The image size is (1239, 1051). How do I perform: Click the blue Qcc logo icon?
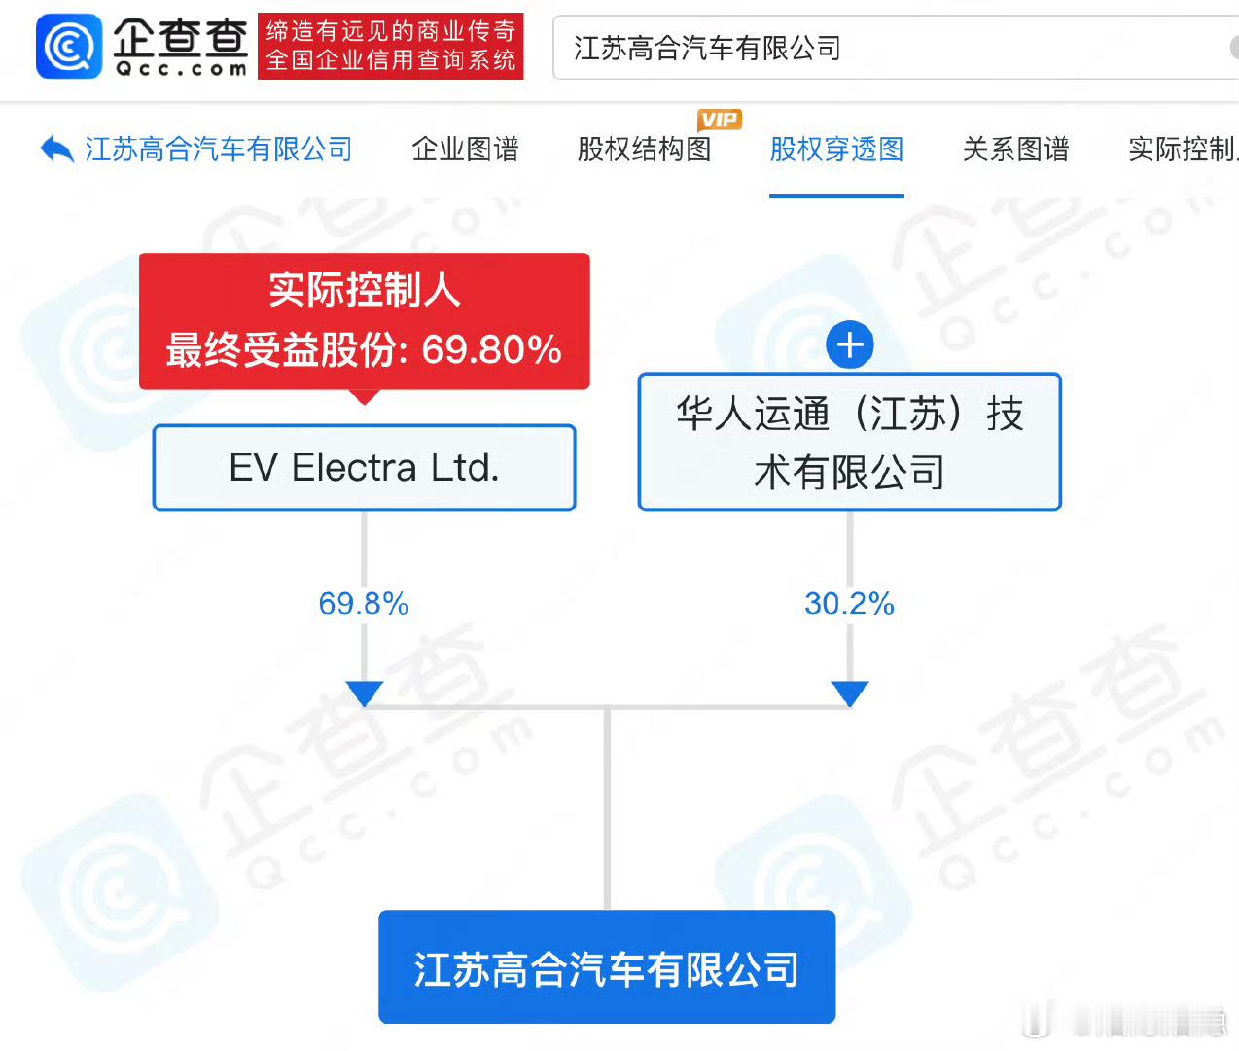(69, 46)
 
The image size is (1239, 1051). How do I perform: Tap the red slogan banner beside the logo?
(390, 46)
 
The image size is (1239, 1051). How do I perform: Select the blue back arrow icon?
(57, 148)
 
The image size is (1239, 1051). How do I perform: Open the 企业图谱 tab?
(465, 149)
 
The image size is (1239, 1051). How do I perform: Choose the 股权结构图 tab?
(645, 149)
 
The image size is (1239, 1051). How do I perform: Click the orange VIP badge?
(720, 120)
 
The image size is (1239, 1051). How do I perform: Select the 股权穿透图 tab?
(836, 149)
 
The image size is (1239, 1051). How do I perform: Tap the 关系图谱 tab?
(1016, 149)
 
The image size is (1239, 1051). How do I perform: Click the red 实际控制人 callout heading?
(365, 290)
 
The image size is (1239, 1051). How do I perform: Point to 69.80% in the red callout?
(491, 349)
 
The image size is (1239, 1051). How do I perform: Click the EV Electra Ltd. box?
(365, 467)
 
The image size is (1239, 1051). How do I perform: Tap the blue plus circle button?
(849, 344)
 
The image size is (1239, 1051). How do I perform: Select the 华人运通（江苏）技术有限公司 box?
(849, 442)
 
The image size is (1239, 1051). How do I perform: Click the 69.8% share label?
(364, 603)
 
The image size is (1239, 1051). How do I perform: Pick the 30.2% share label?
(849, 603)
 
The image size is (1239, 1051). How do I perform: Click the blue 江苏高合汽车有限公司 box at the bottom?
(607, 966)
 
